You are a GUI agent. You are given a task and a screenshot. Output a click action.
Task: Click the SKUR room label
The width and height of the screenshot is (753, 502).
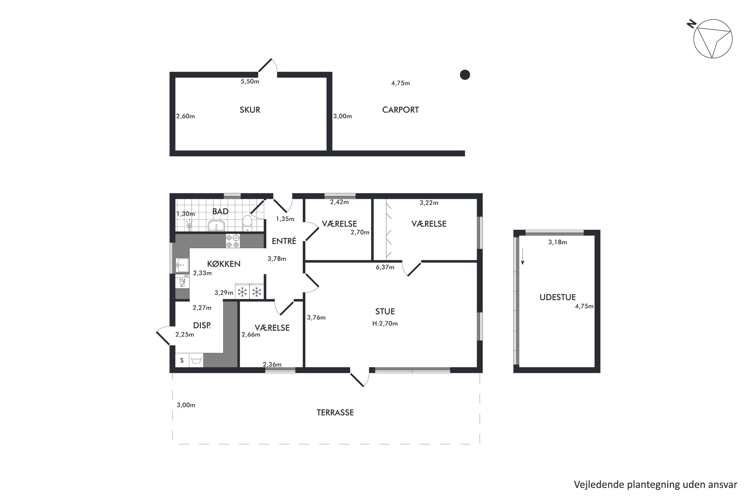coord(250,110)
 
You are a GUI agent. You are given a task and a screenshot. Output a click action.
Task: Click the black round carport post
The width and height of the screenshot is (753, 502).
coord(465,75)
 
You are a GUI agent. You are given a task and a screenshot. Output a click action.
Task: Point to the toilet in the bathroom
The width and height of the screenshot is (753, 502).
coord(247,223)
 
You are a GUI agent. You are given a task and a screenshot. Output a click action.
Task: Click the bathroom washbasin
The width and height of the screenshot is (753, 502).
coord(216,225)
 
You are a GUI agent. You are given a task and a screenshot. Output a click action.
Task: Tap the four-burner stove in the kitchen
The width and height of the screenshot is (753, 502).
coord(233,241)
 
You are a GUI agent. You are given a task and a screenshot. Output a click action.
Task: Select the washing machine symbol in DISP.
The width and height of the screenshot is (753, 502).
coord(196,360)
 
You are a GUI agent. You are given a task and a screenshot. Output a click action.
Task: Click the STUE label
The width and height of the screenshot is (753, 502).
coord(385,311)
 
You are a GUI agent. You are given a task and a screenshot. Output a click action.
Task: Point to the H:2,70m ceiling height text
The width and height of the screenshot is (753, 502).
coord(385,324)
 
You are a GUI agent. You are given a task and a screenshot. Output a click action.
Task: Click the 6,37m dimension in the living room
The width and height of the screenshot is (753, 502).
coord(385,267)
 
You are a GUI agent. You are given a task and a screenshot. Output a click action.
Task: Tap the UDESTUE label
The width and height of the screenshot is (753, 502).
coord(557,297)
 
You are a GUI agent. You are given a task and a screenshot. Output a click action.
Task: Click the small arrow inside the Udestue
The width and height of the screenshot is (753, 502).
coord(523,257)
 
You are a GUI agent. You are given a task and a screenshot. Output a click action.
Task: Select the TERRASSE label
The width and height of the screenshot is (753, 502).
coord(335,413)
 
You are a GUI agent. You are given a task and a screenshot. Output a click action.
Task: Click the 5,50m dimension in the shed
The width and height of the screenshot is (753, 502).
coord(250,82)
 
